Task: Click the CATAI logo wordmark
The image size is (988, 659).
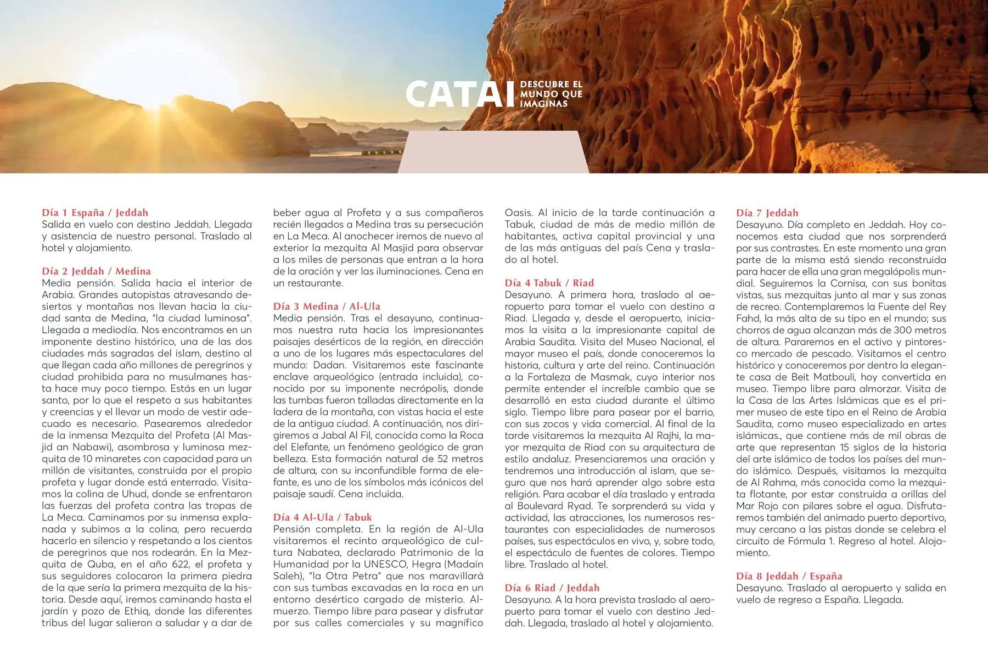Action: coord(460,94)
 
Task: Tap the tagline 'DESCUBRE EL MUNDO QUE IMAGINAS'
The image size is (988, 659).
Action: coord(551,94)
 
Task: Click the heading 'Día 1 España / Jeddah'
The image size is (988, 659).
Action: coord(95,213)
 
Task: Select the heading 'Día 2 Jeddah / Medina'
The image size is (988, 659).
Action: coord(96,271)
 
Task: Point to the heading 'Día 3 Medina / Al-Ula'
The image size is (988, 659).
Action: coord(327,306)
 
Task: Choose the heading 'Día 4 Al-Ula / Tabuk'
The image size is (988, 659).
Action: coord(322,517)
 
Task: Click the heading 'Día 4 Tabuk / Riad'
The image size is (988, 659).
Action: coord(549,283)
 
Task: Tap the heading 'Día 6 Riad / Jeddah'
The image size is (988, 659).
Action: coord(552,588)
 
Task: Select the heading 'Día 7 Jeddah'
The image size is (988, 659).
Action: coord(767,213)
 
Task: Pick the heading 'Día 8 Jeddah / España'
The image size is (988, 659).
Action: coord(789,576)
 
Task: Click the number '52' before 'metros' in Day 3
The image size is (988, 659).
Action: coord(444,459)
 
